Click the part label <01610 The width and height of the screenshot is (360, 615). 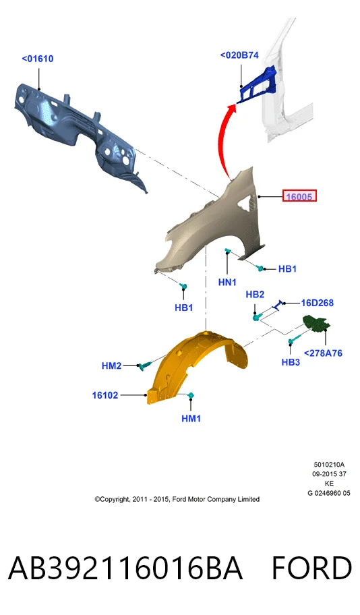pyautogui.click(x=38, y=59)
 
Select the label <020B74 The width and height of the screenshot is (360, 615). pyautogui.click(x=239, y=55)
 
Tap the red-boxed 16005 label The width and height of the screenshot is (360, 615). pyautogui.click(x=299, y=196)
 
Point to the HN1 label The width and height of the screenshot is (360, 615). pyautogui.click(x=227, y=282)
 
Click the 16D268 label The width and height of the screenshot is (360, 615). pyautogui.click(x=318, y=303)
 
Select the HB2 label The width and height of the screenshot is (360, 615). pyautogui.click(x=255, y=294)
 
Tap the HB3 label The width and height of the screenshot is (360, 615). pyautogui.click(x=291, y=362)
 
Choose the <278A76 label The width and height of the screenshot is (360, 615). pyautogui.click(x=323, y=353)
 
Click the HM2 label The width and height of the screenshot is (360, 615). pyautogui.click(x=111, y=365)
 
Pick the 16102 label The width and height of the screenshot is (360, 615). pyautogui.click(x=105, y=395)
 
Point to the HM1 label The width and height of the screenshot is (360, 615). pyautogui.click(x=191, y=419)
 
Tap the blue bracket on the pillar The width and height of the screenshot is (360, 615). pyautogui.click(x=258, y=86)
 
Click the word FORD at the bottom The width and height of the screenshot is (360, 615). pyautogui.click(x=312, y=568)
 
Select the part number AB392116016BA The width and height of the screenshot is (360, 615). pyautogui.click(x=125, y=568)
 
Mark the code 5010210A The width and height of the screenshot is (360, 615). pyautogui.click(x=329, y=465)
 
